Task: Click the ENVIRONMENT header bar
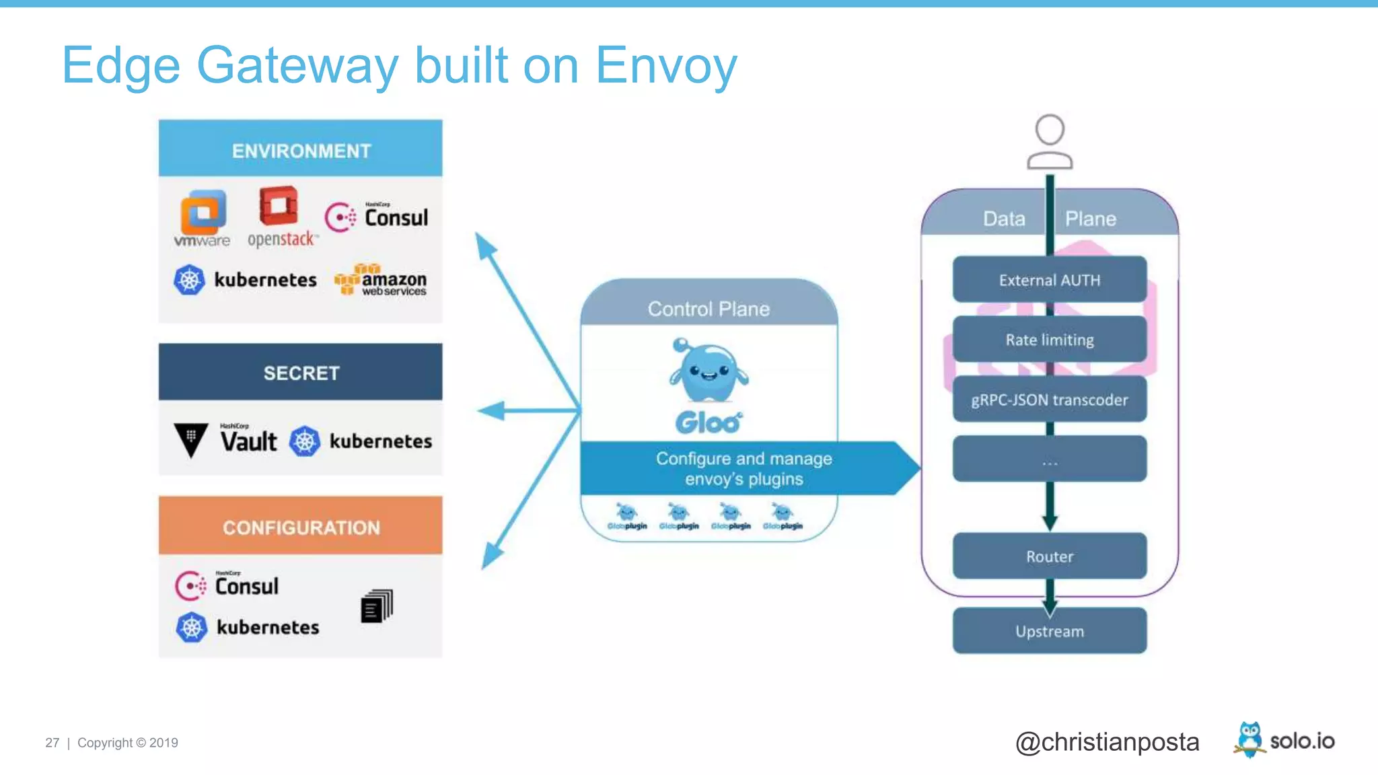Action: coord(300,149)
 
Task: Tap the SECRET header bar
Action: coord(300,372)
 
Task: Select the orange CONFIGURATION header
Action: coord(300,526)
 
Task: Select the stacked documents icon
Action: coord(377,606)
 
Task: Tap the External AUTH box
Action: coord(1049,280)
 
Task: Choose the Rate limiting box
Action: coord(1049,340)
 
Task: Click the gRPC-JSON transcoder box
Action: coord(1049,400)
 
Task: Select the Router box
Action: coord(1049,556)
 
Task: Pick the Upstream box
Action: coord(1049,631)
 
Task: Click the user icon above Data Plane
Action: coord(1049,141)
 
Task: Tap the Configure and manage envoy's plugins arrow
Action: coord(744,468)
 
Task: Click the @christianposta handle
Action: coord(1107,742)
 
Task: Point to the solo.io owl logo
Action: coord(1249,739)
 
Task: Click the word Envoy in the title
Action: coord(665,66)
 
